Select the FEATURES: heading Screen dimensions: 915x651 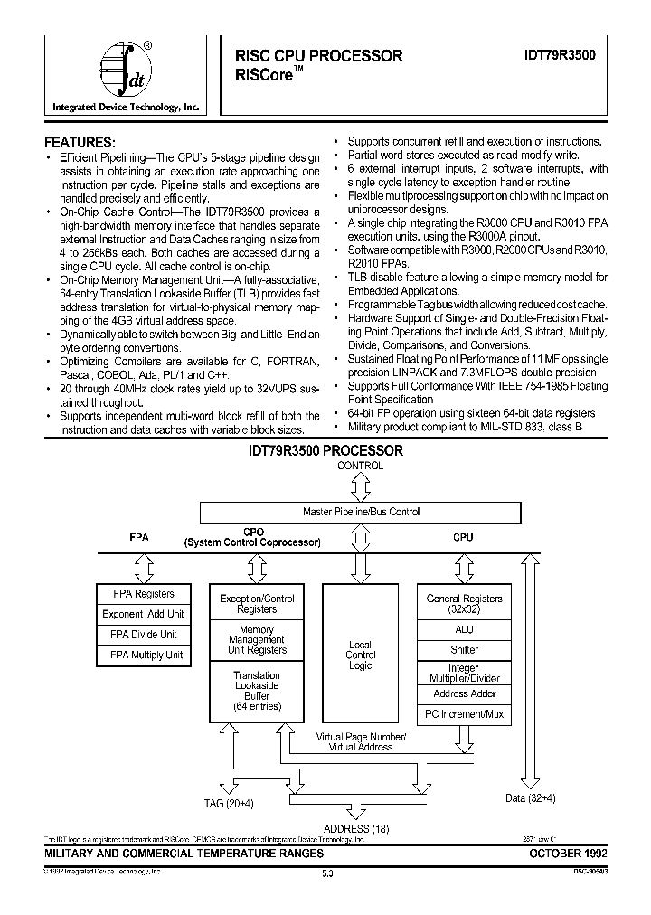(80, 142)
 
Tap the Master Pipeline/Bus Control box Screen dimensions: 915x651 (360, 512)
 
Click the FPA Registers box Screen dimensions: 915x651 (143, 594)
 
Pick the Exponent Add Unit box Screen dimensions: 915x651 (143, 614)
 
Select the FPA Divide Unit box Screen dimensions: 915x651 (143, 635)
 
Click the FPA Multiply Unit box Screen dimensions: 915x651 (143, 655)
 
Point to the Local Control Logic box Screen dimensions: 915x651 (360, 655)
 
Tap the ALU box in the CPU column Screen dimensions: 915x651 (464, 629)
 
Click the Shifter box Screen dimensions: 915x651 (464, 650)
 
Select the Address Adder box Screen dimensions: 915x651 (464, 693)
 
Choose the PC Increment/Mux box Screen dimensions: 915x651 (464, 714)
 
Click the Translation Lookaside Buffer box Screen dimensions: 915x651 (257, 692)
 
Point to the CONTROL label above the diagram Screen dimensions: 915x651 (360, 466)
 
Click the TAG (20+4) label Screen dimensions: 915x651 (229, 802)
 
